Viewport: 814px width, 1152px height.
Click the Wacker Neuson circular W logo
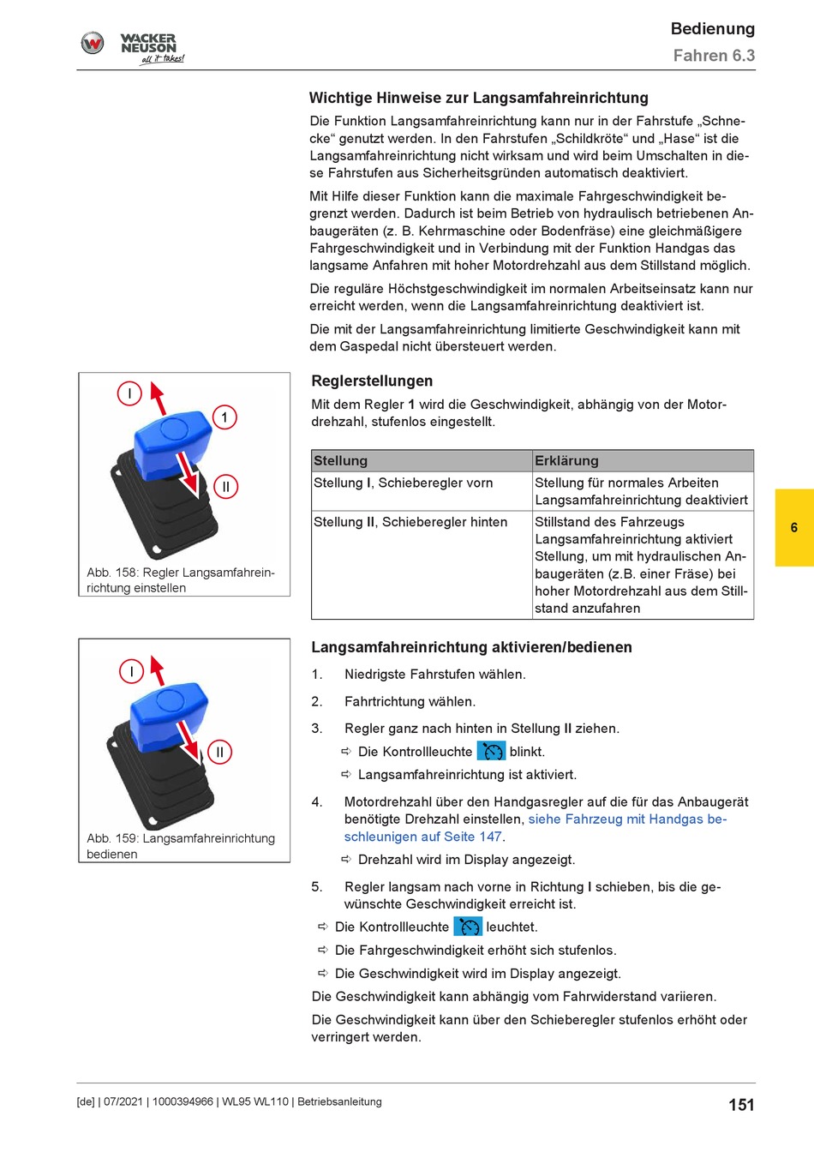click(93, 43)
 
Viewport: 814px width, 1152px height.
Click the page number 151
click(741, 1105)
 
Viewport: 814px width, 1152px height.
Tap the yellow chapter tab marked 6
click(794, 527)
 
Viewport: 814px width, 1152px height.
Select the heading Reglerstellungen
click(372, 381)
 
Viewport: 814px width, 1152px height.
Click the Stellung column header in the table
click(340, 461)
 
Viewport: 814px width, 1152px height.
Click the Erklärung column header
click(566, 461)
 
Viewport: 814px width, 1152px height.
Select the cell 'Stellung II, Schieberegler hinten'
click(410, 522)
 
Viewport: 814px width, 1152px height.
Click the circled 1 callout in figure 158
click(224, 417)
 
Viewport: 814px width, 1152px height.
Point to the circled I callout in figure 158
click(129, 393)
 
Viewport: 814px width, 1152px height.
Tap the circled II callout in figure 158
click(225, 487)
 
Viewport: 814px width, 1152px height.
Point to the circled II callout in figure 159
click(219, 753)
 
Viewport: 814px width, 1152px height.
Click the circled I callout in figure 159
click(131, 671)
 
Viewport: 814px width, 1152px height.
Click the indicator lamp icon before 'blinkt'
click(492, 752)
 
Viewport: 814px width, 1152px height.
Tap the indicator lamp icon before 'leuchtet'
click(468, 927)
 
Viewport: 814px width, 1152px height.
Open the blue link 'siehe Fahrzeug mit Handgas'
click(626, 819)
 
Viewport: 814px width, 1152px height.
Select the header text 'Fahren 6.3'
click(714, 56)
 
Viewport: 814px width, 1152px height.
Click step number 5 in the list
click(317, 886)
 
